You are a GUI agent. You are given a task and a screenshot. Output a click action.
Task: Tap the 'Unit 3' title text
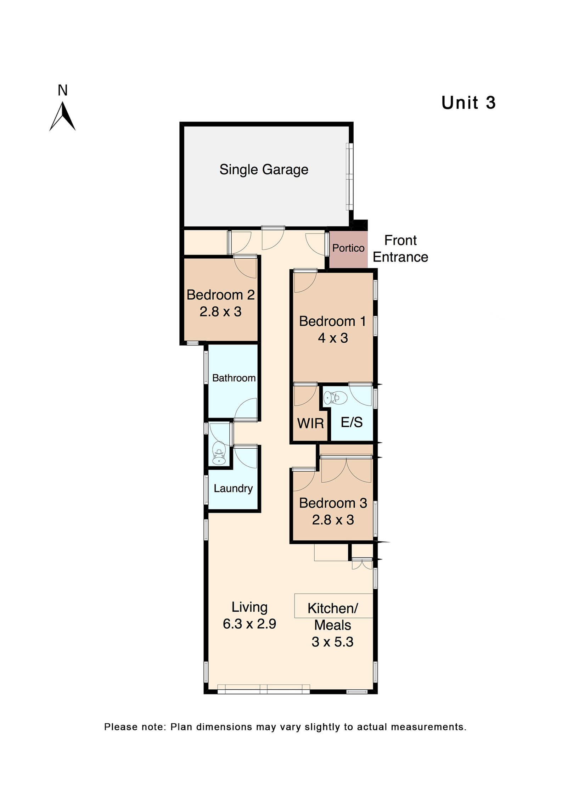(468, 103)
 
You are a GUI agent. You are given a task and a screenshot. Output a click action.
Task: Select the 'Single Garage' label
(264, 169)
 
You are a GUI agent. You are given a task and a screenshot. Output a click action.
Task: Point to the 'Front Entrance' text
(400, 248)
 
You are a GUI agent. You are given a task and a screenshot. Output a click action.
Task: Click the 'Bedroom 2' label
(220, 295)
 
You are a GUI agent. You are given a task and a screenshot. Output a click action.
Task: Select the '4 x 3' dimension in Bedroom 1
(332, 338)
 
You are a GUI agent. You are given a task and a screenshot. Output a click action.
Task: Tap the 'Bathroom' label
(234, 378)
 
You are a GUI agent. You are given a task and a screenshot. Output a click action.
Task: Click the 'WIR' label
(310, 423)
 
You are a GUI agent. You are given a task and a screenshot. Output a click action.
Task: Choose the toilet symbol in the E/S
(334, 398)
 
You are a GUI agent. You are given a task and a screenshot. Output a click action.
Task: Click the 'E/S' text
(352, 422)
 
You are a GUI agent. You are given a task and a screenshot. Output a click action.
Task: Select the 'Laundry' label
(233, 488)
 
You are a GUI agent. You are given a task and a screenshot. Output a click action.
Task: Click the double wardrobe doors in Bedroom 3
(346, 470)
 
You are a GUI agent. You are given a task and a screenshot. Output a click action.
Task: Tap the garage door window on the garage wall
(349, 176)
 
